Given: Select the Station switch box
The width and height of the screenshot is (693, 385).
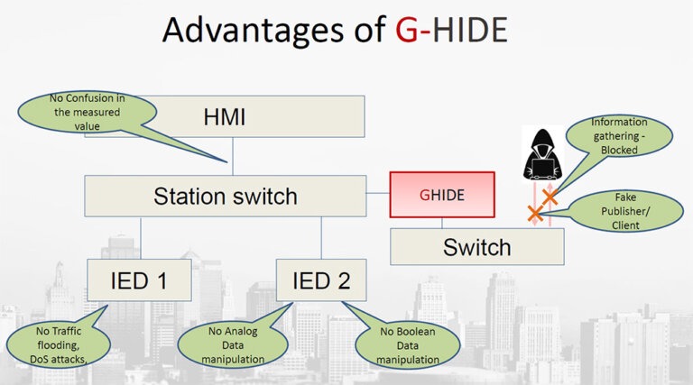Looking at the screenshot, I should pos(226,195).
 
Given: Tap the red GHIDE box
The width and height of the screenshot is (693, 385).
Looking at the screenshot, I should pos(442,195).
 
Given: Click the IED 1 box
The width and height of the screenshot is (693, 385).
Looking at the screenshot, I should pos(140,280).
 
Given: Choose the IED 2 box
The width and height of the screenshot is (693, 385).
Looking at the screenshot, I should pos(321,280).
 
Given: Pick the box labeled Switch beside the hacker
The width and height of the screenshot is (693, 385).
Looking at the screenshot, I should pos(476,246).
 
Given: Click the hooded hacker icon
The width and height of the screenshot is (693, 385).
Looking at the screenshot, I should pos(541,152).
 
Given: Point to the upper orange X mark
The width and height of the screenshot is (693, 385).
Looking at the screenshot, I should pos(548,196).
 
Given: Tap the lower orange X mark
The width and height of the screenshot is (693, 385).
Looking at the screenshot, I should pos(534,214).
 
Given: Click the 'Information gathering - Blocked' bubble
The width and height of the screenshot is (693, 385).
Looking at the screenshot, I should pos(619,136).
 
